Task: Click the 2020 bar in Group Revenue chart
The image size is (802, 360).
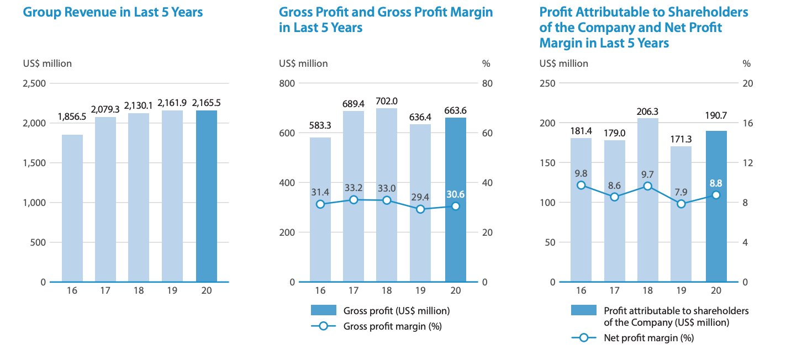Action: (207, 196)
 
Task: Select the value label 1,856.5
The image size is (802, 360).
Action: (72, 117)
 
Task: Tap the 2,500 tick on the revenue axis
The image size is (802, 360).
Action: (34, 83)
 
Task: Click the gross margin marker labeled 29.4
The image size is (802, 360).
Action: (420, 209)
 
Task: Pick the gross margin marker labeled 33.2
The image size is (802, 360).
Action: (353, 200)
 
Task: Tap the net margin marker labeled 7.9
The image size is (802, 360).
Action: (681, 204)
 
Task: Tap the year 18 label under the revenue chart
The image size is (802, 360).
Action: (139, 291)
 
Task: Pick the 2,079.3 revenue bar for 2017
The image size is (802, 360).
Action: (105, 199)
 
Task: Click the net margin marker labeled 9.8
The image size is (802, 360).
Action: (581, 186)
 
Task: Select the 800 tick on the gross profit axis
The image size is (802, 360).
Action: (288, 83)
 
